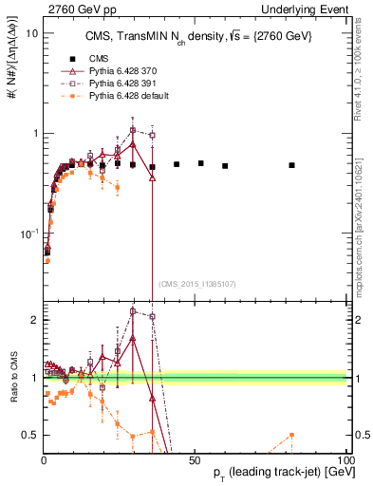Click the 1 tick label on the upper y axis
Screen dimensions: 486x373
33,133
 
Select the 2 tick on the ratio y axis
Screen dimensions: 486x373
33,320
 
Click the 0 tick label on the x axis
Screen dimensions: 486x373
44,459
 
